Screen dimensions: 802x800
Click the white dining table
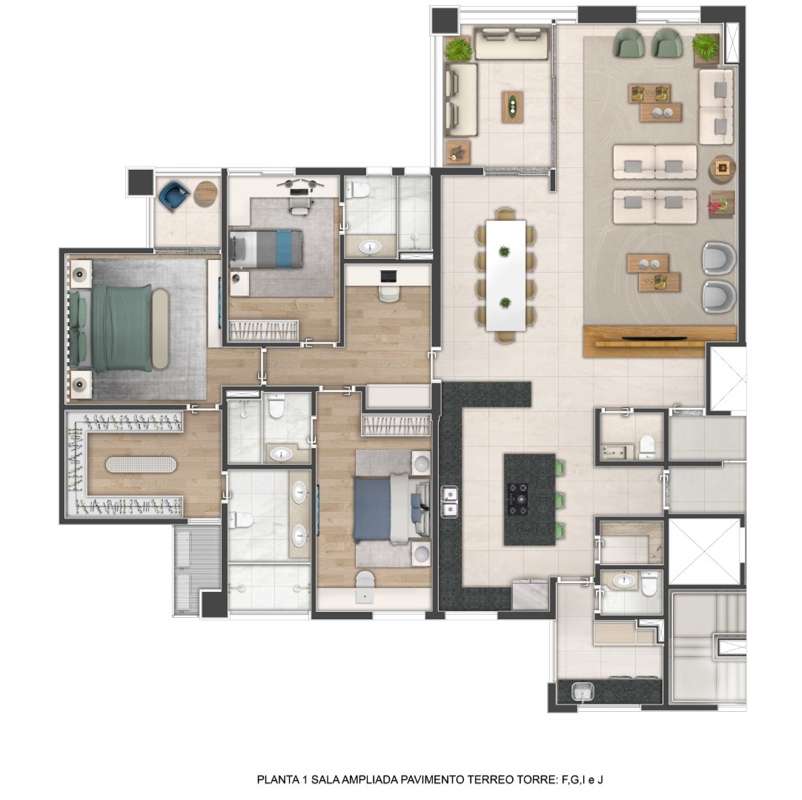coord(506,275)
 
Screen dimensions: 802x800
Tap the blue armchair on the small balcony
coord(173,196)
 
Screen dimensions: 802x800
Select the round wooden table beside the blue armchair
coord(205,194)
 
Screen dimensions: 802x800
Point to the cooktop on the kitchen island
coord(520,499)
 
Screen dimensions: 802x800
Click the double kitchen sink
coord(449,502)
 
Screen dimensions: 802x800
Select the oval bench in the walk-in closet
coord(141,464)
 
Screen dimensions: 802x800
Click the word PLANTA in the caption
coord(279,779)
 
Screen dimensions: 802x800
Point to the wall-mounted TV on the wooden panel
coord(654,338)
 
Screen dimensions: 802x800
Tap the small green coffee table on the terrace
coord(512,107)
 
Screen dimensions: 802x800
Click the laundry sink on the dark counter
coord(583,692)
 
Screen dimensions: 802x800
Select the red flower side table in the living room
coord(721,204)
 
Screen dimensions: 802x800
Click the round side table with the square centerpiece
coord(722,169)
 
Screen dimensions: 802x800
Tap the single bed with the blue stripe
coord(266,249)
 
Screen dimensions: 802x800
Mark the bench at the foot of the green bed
coord(160,329)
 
